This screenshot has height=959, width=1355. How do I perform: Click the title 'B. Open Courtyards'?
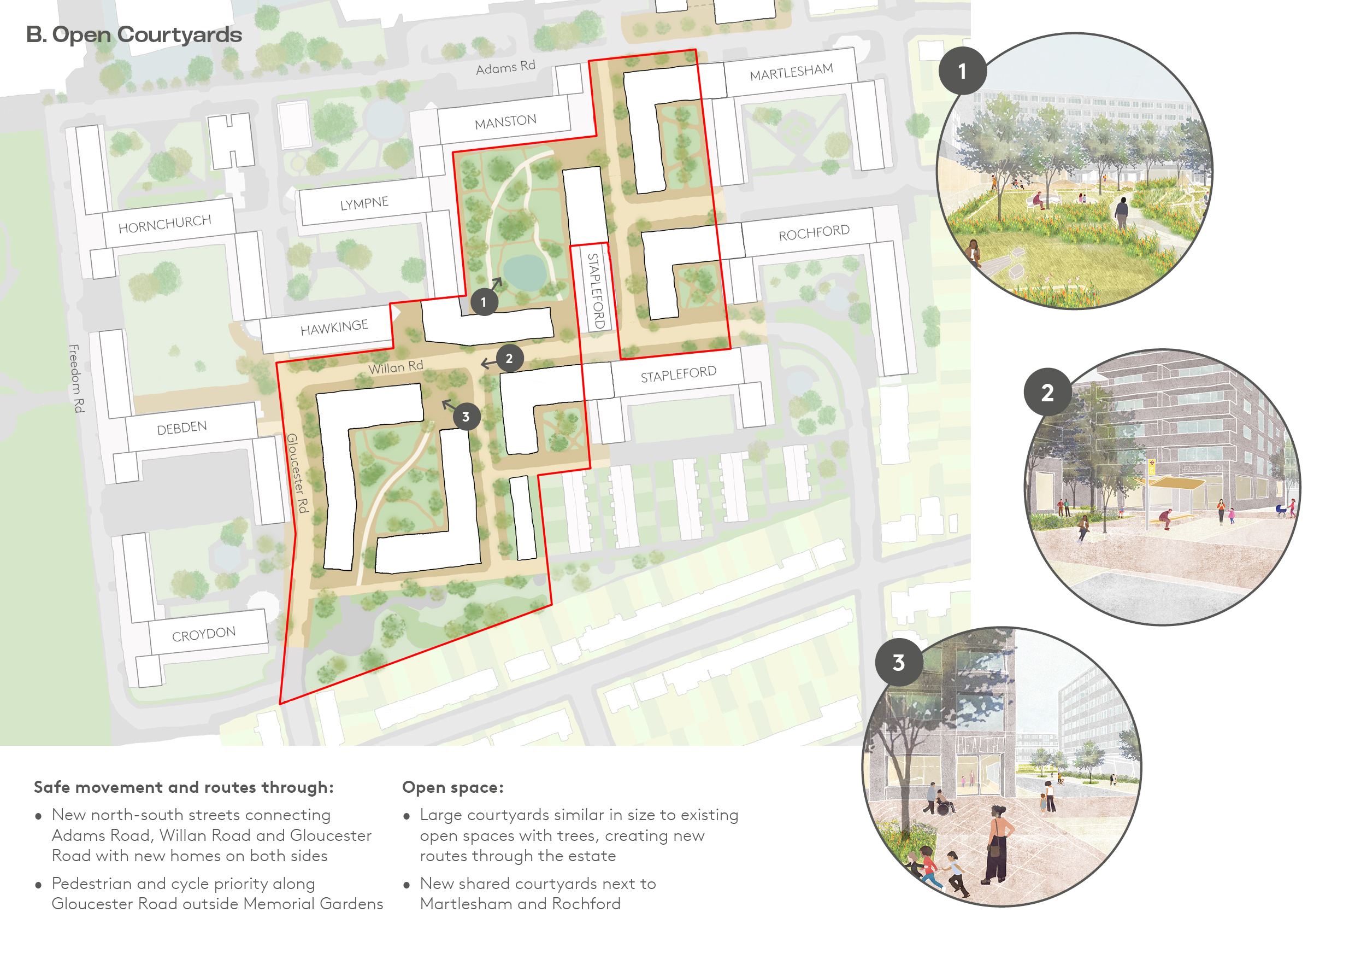134,34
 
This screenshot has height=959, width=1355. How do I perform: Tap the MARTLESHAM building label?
791,73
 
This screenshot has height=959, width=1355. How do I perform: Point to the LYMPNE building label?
364,204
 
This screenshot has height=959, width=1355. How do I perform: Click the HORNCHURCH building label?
164,224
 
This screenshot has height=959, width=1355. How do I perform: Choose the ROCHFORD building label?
814,233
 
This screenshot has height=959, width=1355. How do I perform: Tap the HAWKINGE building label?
334,327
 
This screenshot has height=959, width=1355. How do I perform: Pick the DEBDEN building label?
182,428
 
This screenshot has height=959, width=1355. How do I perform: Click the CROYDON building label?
204,634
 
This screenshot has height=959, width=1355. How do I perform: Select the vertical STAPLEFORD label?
596,290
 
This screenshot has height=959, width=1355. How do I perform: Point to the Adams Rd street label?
505,67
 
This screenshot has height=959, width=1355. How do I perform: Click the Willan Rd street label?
396,367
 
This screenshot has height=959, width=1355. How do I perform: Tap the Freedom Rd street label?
76,378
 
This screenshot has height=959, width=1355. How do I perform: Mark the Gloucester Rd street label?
297,472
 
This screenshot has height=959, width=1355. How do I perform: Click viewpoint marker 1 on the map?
484,302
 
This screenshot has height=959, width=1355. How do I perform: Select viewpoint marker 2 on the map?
509,359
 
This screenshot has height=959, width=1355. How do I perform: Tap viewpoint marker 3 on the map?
466,417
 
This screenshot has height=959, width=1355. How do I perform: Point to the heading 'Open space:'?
452,787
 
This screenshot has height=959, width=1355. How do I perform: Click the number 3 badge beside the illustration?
898,663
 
